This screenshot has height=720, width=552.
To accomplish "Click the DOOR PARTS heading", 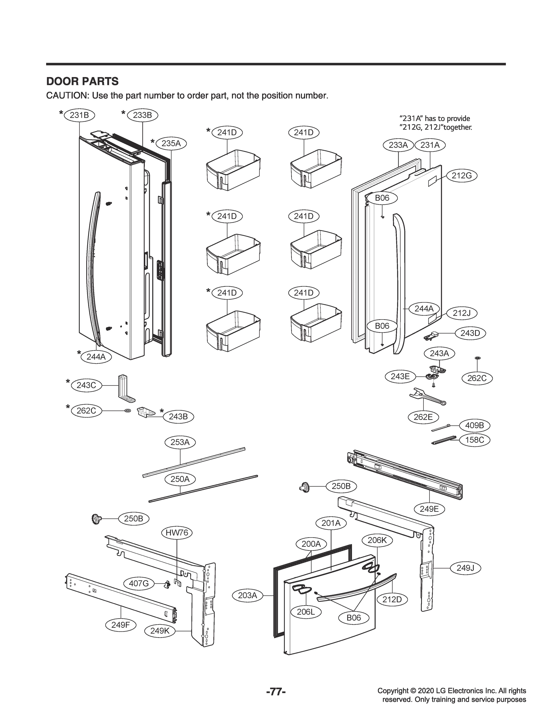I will point(82,81).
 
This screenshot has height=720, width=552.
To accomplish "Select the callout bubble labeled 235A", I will point(171,143).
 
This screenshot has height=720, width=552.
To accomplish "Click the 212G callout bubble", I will point(461,176).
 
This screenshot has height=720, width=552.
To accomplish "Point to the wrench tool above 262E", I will point(427,397).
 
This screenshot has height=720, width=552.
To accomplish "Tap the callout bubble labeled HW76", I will point(177,532).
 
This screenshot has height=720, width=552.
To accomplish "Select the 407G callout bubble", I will point(139,583).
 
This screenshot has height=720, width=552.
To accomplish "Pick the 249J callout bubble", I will point(465,568).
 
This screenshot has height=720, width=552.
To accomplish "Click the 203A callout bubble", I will point(247,595).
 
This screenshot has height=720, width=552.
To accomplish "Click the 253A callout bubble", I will point(180,442).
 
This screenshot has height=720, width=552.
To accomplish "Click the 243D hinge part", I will point(431,336).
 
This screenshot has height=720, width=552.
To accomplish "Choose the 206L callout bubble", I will point(306,612).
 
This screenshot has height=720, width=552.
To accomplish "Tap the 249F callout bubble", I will point(121,625).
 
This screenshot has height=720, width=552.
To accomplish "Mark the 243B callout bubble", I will point(178,417).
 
